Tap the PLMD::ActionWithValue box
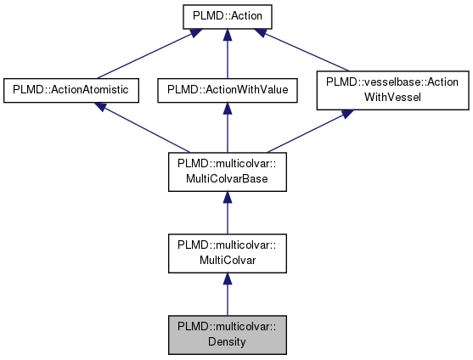click(226, 88)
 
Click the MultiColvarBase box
click(226, 170)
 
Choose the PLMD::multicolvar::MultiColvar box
click(226, 251)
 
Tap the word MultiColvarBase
click(226, 177)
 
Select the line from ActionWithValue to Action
click(226, 55)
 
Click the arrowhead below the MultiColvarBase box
click(226, 199)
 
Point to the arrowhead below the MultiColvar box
click(226, 280)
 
